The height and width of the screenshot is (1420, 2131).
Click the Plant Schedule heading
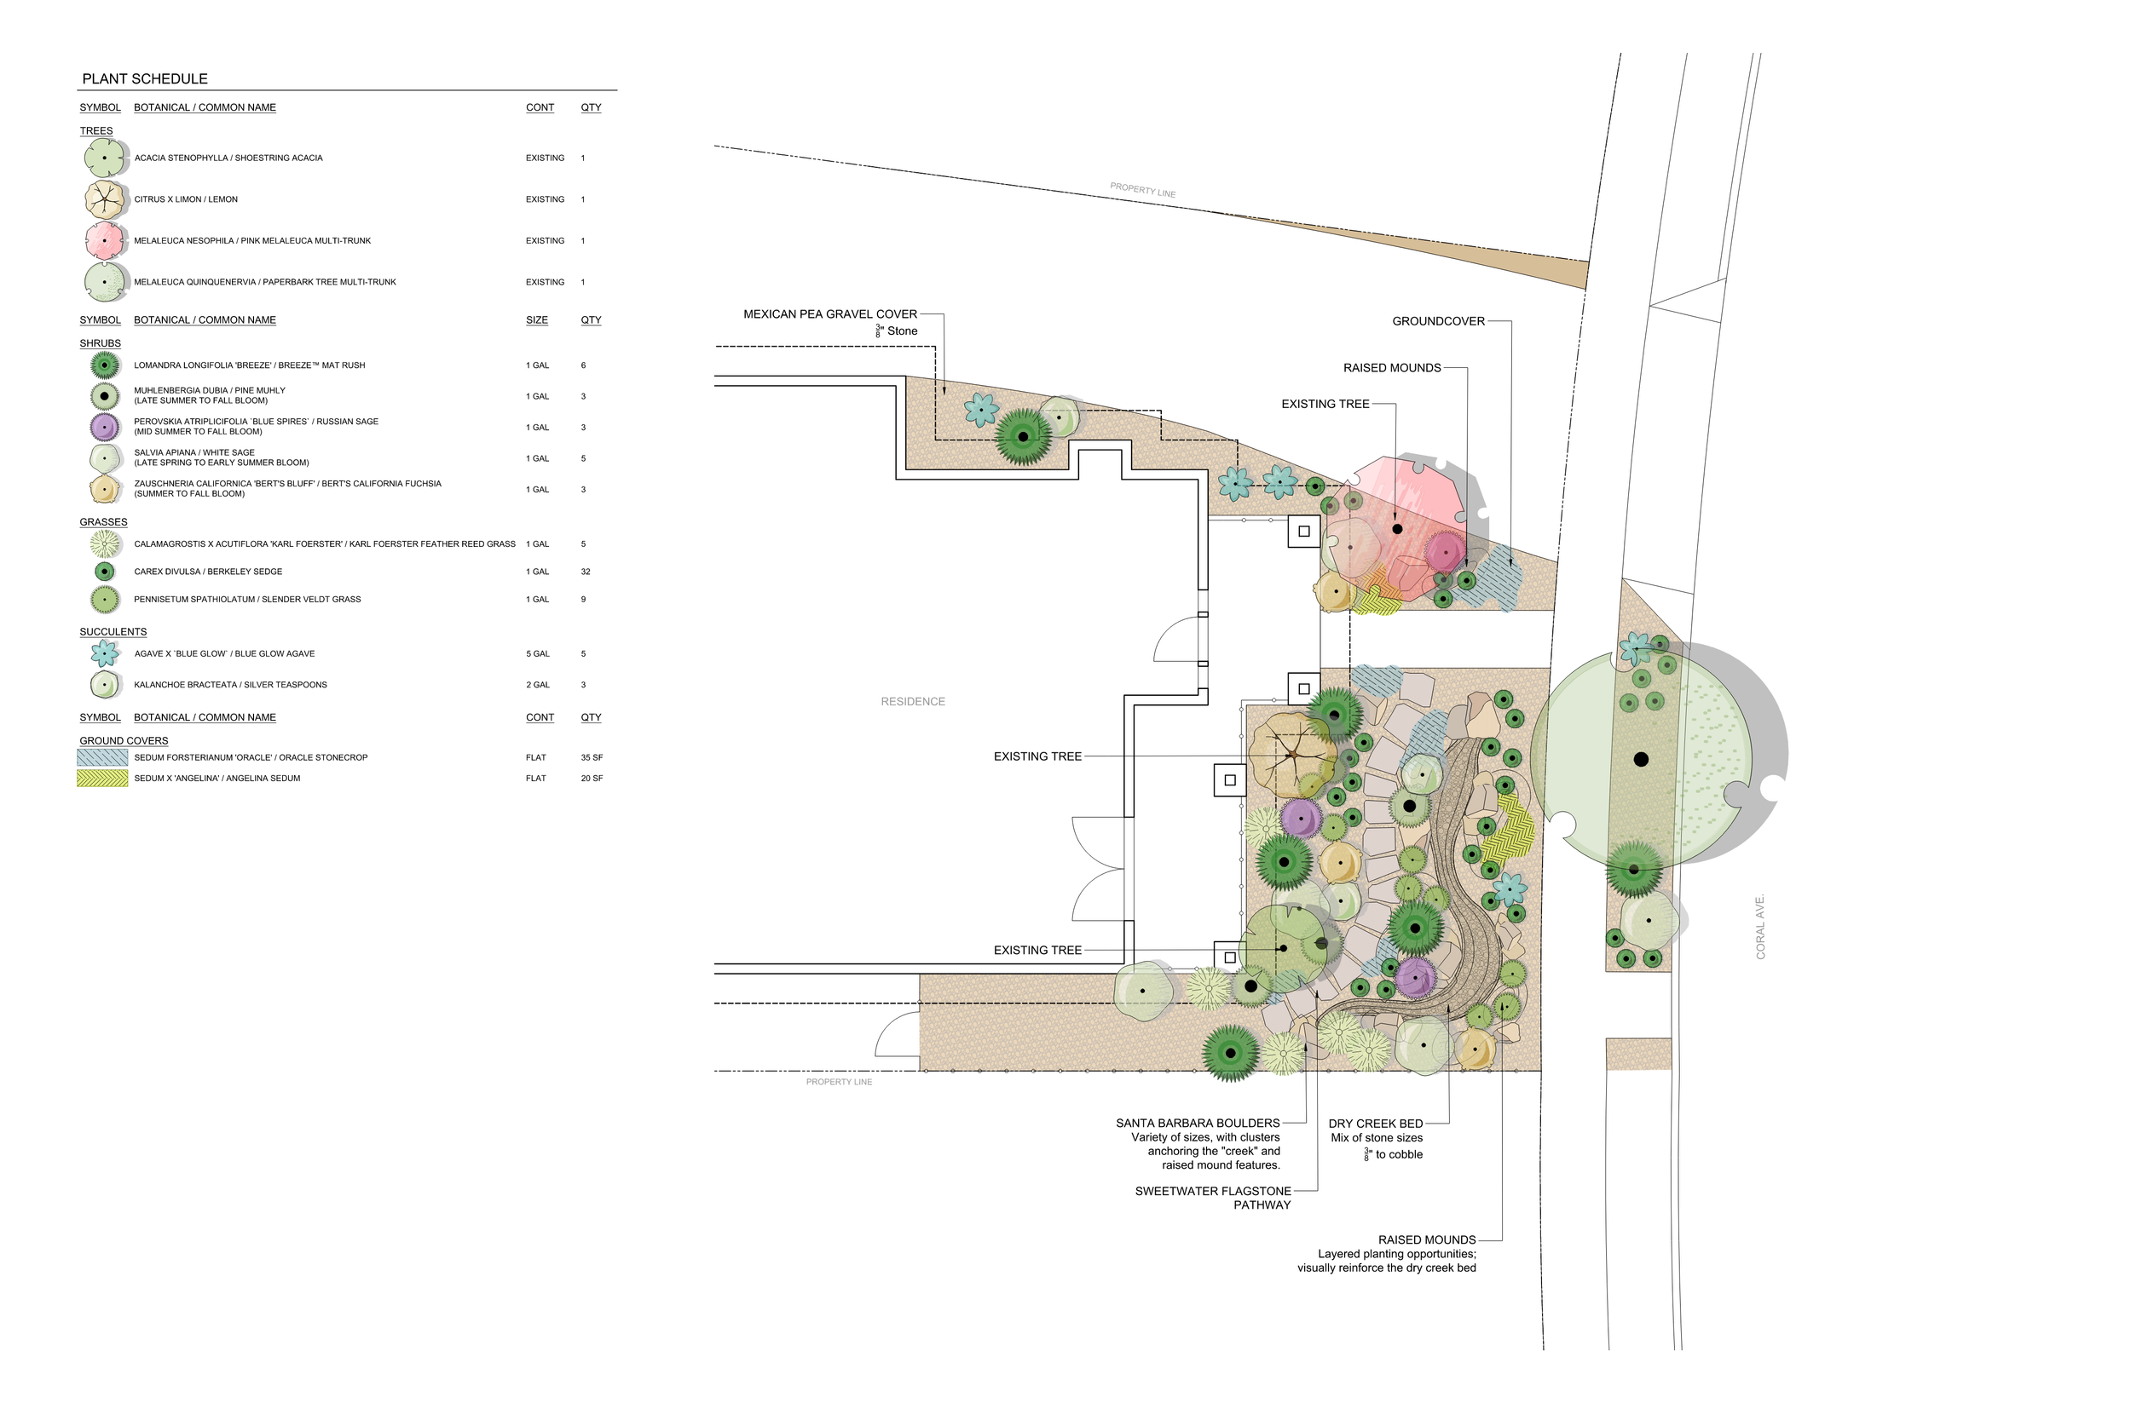145,78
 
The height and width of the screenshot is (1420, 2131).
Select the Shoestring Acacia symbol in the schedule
104,158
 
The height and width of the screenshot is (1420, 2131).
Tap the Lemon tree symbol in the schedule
104,199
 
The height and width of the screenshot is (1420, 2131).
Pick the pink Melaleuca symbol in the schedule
104,241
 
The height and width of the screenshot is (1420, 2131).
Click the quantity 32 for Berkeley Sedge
586,572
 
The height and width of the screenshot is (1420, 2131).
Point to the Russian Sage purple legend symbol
104,427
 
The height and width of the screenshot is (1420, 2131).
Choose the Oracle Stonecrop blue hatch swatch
102,758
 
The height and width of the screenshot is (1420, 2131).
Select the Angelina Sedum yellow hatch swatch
102,779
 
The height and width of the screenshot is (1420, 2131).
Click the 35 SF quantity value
592,758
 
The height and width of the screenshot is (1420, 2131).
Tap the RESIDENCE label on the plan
912,702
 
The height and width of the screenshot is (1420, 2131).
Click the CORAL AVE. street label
1760,928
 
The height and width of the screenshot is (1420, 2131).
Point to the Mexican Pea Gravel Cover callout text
830,314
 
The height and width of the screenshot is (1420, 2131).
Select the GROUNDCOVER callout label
1438,321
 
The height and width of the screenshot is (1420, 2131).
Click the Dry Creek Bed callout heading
1376,1124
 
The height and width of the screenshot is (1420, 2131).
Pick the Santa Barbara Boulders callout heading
1198,1123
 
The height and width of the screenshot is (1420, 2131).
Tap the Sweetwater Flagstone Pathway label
1213,1192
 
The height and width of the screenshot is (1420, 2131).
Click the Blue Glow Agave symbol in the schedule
105,653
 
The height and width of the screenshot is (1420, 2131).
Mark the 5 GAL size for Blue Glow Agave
537,654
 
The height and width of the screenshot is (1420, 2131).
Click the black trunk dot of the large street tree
1641,760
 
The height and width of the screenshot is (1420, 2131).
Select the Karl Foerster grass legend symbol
105,544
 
